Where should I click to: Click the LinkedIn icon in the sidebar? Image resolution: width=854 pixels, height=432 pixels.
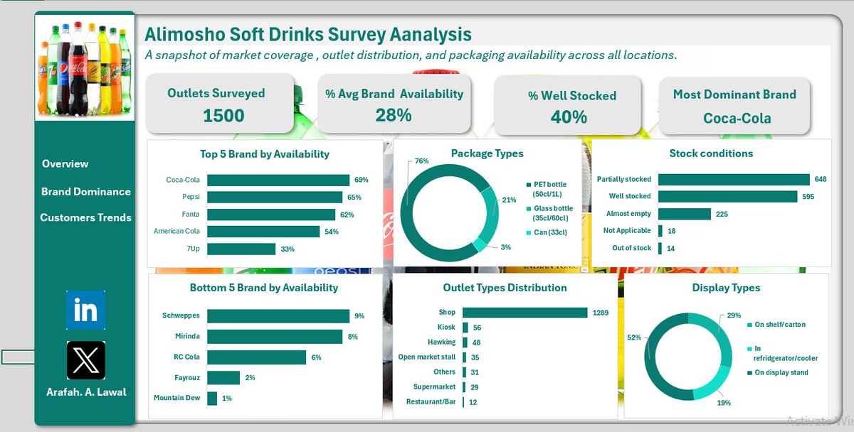click(85, 310)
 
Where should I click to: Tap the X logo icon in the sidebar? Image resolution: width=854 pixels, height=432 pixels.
click(85, 360)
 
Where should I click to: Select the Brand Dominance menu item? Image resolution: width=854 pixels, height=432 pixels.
click(86, 191)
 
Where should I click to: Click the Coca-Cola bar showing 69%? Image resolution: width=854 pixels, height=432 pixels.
click(278, 180)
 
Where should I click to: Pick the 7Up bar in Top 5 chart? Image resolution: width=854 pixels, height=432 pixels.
click(241, 249)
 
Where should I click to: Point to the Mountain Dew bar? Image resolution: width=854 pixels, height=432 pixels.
click(212, 398)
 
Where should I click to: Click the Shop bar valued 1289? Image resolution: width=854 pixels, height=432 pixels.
click(525, 313)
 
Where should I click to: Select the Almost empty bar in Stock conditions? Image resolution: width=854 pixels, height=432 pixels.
click(685, 214)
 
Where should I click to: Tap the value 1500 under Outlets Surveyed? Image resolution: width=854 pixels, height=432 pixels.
click(223, 116)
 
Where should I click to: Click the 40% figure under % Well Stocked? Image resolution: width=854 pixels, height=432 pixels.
click(568, 117)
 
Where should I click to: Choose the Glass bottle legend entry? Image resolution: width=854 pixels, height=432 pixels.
click(552, 213)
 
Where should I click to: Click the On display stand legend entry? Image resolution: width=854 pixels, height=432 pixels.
click(780, 372)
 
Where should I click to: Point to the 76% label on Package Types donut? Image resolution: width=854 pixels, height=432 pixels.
click(421, 161)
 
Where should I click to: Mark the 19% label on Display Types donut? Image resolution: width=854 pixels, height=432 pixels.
click(724, 403)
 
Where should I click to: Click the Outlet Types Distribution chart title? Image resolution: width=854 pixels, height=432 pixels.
click(505, 288)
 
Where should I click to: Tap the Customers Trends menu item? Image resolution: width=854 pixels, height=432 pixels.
click(86, 217)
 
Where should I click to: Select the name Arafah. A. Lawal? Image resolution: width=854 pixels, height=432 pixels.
click(85, 392)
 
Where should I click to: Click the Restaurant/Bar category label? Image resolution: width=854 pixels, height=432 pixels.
click(431, 402)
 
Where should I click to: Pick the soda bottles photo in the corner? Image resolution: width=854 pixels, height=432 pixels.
click(85, 68)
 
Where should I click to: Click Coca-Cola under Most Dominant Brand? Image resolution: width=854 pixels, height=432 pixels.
click(737, 118)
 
